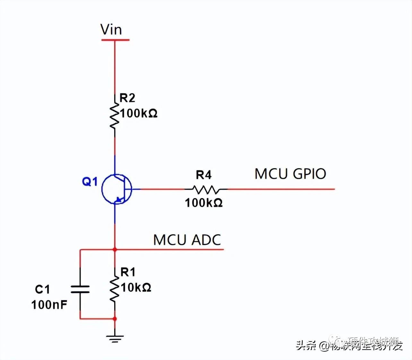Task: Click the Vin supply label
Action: tap(111, 30)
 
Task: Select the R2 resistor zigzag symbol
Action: tap(114, 116)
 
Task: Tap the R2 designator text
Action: tap(127, 98)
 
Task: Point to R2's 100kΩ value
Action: tap(139, 113)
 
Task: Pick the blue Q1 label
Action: tap(90, 182)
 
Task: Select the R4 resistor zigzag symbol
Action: tap(206, 189)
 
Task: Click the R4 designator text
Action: tap(204, 175)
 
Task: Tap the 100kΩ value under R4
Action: tap(204, 203)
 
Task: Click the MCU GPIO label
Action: tap(290, 174)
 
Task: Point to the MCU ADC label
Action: tap(187, 240)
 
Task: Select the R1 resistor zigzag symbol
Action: tap(114, 289)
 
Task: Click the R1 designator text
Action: tap(128, 272)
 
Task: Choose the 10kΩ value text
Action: tap(136, 287)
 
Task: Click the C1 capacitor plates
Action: tap(80, 289)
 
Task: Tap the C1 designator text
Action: tap(42, 289)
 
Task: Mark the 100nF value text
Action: tap(49, 305)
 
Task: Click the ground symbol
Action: tap(115, 339)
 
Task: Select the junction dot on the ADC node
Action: tap(115, 249)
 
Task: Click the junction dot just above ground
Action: tap(115, 319)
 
